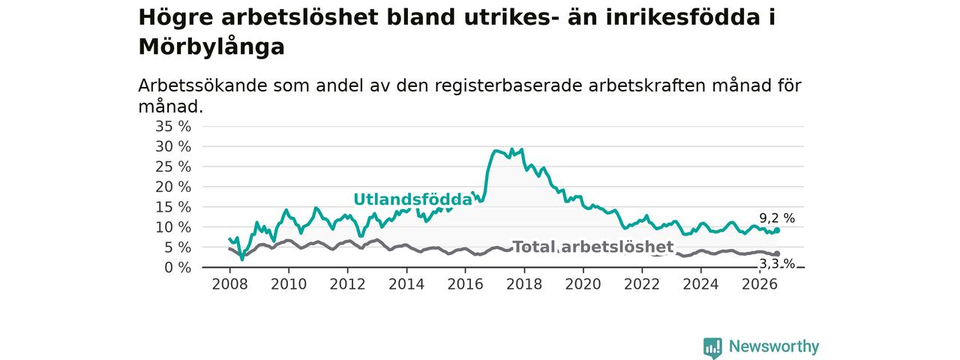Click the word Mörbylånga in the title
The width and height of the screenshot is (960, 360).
pos(211,47)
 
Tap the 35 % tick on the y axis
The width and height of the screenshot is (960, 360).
pos(173,127)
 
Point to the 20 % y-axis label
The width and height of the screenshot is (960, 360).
pos(173,187)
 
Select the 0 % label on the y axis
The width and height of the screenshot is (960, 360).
pos(178,268)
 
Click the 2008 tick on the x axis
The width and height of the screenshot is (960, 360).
pos(229,284)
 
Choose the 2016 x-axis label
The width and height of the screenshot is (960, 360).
pos(465,284)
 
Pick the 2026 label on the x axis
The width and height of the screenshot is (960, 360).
pos(760,284)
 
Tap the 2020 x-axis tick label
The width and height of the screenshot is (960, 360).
pos(583,284)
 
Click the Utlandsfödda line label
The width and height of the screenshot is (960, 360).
pos(412,199)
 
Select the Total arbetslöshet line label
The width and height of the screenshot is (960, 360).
pos(593,247)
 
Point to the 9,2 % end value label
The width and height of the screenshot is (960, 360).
pos(777,218)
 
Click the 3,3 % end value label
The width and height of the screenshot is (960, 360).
pos(777,264)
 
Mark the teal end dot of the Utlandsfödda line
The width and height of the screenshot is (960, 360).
pos(777,230)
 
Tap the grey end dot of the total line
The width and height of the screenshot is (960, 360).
pos(777,253)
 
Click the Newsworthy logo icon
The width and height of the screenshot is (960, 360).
pos(712,347)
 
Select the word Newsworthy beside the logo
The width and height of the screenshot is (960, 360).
pos(774,346)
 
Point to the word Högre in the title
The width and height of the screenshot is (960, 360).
pos(175,18)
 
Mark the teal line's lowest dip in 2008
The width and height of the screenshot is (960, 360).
pos(242,259)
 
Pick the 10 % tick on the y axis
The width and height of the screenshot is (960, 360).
pos(173,227)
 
